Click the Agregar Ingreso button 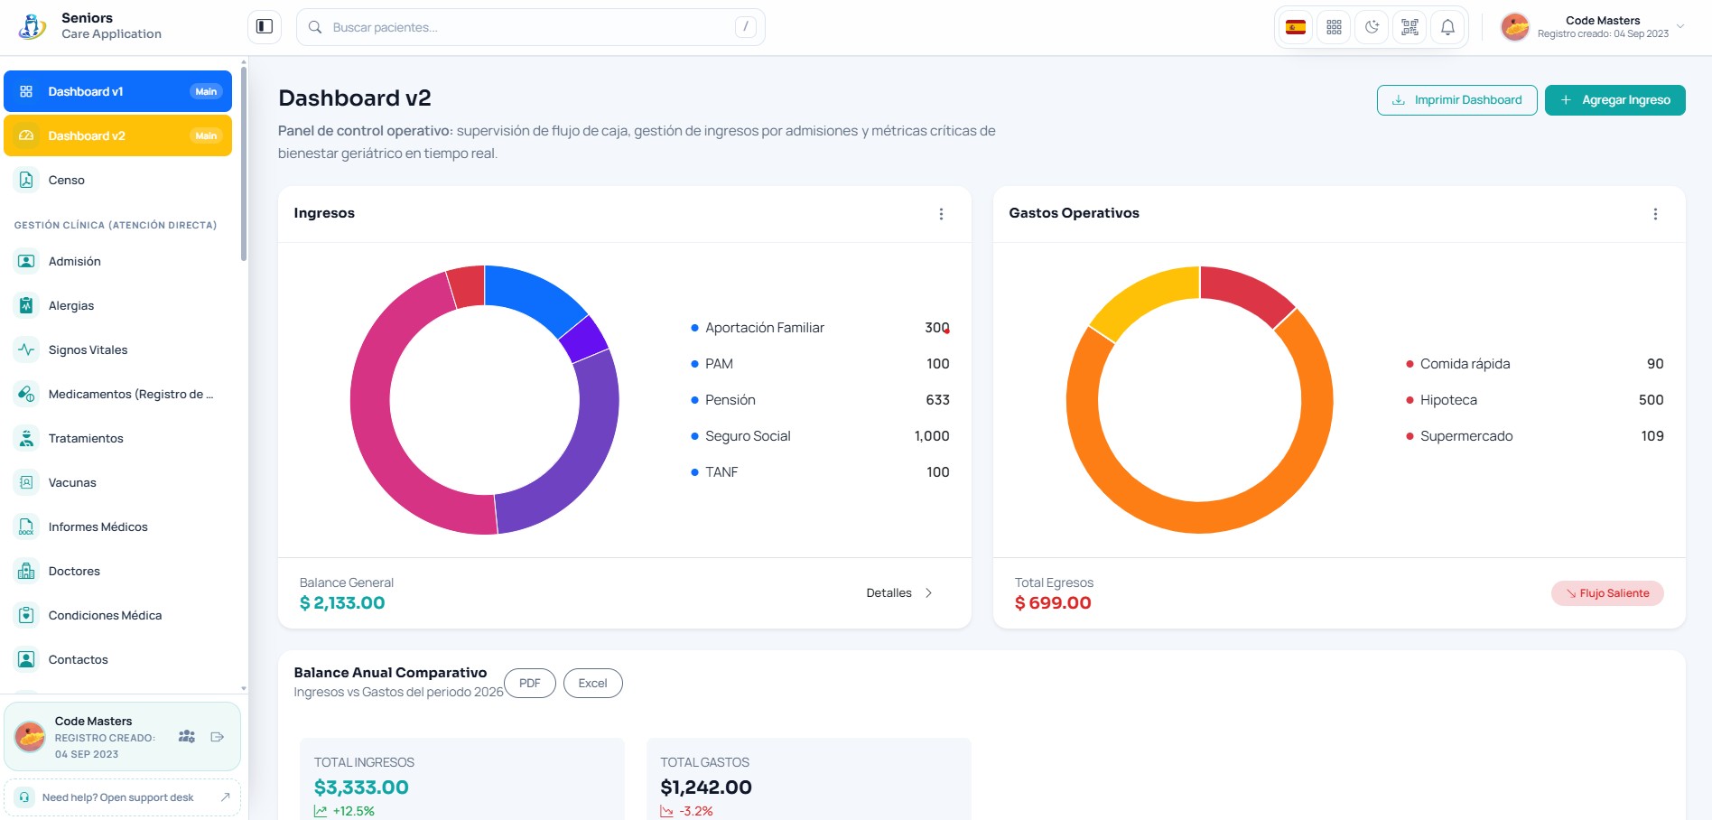tap(1614, 100)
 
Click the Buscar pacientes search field tap(530, 27)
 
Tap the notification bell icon tap(1447, 27)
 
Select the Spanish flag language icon tap(1296, 27)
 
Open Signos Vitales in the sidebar tap(88, 349)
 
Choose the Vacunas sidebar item tap(72, 482)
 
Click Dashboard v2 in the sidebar tap(117, 135)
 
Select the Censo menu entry tap(67, 180)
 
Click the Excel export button tap(592, 683)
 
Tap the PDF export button tap(530, 683)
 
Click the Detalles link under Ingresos tap(899, 593)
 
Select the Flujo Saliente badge tap(1607, 593)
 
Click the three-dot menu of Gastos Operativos tap(1655, 214)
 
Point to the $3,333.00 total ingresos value tap(361, 787)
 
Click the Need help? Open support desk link tap(122, 797)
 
